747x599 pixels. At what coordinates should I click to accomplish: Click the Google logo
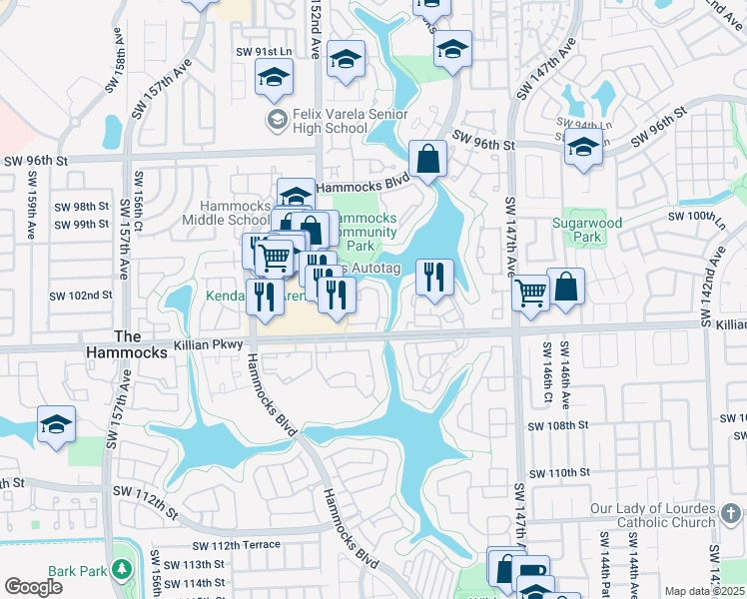pyautogui.click(x=33, y=587)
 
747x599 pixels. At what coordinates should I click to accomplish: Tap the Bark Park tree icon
pyautogui.click(x=123, y=569)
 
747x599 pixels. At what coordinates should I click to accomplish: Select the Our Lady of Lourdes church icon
pyautogui.click(x=731, y=509)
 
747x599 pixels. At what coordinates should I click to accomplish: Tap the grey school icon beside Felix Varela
pyautogui.click(x=277, y=121)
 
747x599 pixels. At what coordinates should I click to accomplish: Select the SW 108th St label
pyautogui.click(x=555, y=424)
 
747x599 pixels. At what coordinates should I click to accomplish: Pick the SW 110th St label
pyautogui.click(x=557, y=472)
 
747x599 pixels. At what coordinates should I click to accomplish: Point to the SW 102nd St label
pyautogui.click(x=82, y=296)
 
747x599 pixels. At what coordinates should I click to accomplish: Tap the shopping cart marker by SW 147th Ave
pyautogui.click(x=529, y=294)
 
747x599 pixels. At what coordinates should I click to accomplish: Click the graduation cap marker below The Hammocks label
pyautogui.click(x=56, y=423)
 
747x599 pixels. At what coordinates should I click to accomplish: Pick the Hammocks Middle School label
pyautogui.click(x=229, y=213)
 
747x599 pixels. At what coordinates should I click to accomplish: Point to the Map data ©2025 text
pyautogui.click(x=705, y=591)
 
